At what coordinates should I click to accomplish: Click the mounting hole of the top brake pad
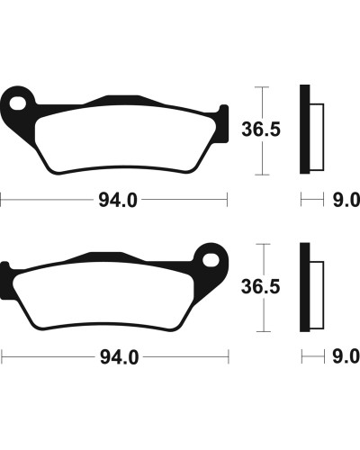pyautogui.click(x=17, y=103)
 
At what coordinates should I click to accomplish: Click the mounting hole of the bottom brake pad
pyautogui.click(x=211, y=260)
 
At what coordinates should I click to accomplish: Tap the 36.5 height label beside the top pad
pyautogui.click(x=261, y=130)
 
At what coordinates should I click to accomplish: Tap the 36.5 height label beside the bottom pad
pyautogui.click(x=260, y=286)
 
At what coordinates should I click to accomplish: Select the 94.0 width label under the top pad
pyautogui.click(x=118, y=200)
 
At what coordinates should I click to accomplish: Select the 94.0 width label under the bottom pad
pyautogui.click(x=120, y=357)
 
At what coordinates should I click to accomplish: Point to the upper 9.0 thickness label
pyautogui.click(x=346, y=200)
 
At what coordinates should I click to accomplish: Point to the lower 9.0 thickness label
pyautogui.click(x=346, y=356)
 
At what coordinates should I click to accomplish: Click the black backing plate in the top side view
pyautogui.click(x=304, y=130)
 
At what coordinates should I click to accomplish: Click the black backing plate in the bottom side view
pyautogui.click(x=304, y=287)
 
